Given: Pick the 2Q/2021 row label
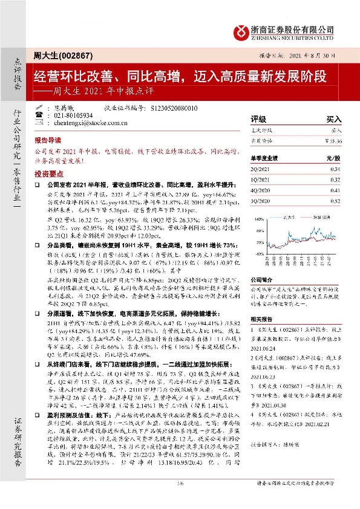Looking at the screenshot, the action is pyautogui.click(x=262, y=169).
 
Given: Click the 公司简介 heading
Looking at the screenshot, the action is pyautogui.click(x=262, y=279).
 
